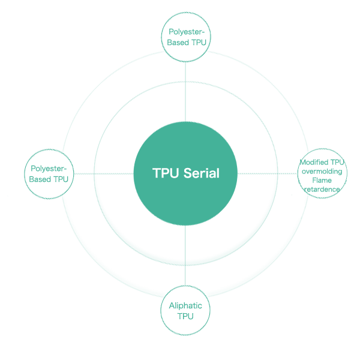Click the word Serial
[202, 173]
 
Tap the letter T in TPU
[157, 173]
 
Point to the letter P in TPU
[165, 173]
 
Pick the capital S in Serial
[188, 173]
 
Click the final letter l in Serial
[218, 173]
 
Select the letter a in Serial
[212, 174]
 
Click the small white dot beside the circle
[295, 185]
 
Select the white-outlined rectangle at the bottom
[185, 311]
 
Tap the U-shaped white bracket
[49, 175]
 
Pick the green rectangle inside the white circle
[322, 173]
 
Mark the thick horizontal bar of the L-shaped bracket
[186, 47]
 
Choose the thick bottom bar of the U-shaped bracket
[49, 182]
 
